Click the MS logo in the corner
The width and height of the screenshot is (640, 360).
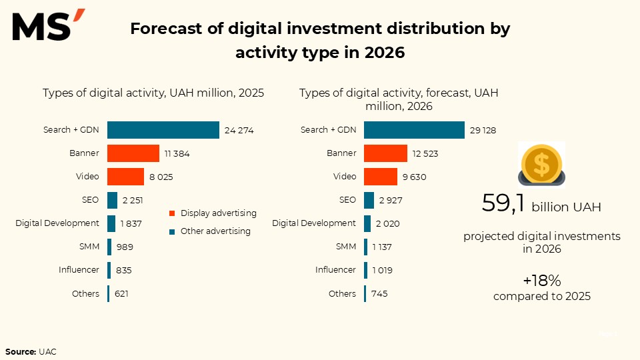tap(48, 26)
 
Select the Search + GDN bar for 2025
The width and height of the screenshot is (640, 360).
tap(163, 130)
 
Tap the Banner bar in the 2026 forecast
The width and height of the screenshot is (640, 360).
tap(385, 153)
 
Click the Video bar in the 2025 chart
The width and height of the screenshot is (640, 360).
tap(125, 177)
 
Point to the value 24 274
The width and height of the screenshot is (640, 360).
tap(239, 131)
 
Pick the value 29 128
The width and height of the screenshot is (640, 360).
tap(483, 131)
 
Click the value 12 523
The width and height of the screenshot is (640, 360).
tap(425, 154)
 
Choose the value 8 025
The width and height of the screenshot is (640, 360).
tap(160, 177)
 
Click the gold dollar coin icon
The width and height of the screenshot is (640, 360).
tap(541, 165)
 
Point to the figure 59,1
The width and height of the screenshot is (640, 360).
tap(504, 204)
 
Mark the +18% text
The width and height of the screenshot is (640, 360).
tap(541, 281)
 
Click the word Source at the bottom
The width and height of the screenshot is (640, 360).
tap(20, 351)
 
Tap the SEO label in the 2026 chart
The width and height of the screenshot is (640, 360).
tap(347, 199)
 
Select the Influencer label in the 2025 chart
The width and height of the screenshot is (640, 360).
tap(79, 270)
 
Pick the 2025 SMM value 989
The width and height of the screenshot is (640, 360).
tap(125, 247)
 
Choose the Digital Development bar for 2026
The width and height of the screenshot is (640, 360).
tap(367, 223)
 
